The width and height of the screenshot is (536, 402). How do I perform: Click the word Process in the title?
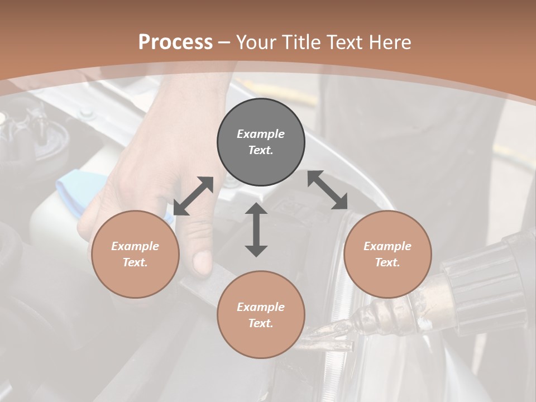[x=175, y=42]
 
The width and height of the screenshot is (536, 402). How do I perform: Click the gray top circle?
[x=261, y=142]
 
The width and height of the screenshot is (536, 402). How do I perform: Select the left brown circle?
[x=135, y=254]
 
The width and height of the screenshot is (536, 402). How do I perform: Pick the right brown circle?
[x=387, y=254]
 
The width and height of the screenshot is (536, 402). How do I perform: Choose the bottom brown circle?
[x=261, y=314]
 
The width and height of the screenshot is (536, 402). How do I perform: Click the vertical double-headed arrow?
[x=256, y=229]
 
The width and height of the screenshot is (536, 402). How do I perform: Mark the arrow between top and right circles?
[x=328, y=190]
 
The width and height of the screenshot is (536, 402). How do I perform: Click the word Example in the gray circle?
[x=261, y=134]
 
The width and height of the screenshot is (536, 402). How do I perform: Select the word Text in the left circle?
[x=135, y=262]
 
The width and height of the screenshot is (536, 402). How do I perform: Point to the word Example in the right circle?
[x=387, y=246]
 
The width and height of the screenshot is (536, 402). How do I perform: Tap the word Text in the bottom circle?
[x=261, y=323]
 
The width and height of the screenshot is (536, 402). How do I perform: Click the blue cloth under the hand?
[x=78, y=187]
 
